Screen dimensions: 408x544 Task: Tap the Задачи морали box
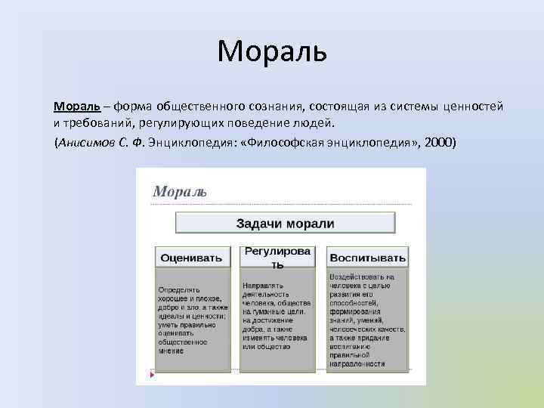pyautogui.click(x=285, y=223)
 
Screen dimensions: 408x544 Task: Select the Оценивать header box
pyautogui.click(x=192, y=258)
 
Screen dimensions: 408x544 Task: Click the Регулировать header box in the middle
pyautogui.click(x=277, y=257)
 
